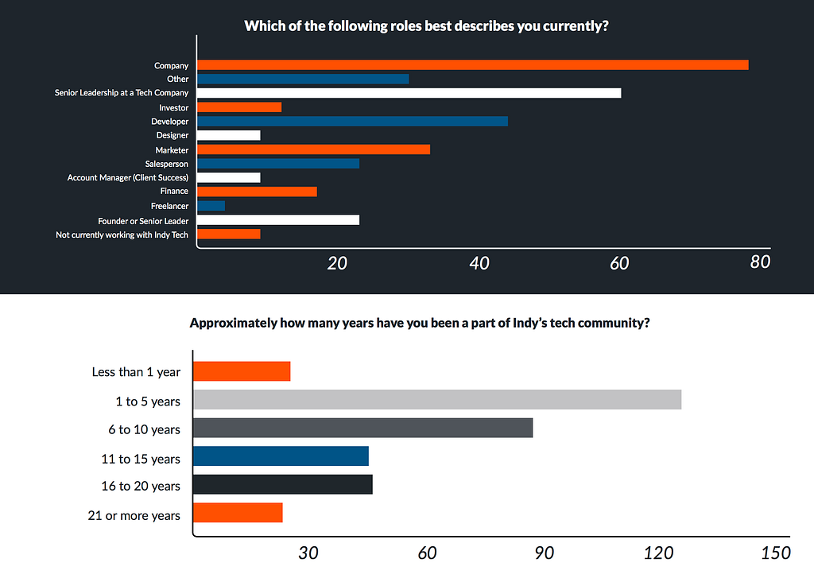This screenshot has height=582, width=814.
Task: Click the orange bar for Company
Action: (472, 65)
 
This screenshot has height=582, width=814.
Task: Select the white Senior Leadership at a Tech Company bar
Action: (409, 93)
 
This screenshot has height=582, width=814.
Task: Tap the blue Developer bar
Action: (352, 121)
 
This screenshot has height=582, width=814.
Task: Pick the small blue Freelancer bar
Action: (211, 206)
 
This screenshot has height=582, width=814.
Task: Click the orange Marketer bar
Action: (313, 149)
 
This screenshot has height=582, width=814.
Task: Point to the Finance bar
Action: (257, 192)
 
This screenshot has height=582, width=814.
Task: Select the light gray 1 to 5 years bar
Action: (437, 400)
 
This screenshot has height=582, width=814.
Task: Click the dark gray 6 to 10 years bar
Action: (362, 428)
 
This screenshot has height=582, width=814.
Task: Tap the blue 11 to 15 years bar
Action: (281, 456)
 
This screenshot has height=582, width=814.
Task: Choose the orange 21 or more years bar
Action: (238, 513)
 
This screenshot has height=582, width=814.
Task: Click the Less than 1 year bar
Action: (242, 371)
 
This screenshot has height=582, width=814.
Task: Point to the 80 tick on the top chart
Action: (760, 262)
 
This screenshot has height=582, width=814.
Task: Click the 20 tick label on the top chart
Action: (337, 262)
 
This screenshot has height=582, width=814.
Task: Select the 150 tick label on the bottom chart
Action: (776, 553)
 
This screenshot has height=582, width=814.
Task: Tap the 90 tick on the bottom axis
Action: (544, 553)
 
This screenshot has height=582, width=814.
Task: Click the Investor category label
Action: (173, 107)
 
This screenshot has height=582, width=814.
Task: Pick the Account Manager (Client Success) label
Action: (128, 177)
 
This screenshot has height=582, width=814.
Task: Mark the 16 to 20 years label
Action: (141, 486)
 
